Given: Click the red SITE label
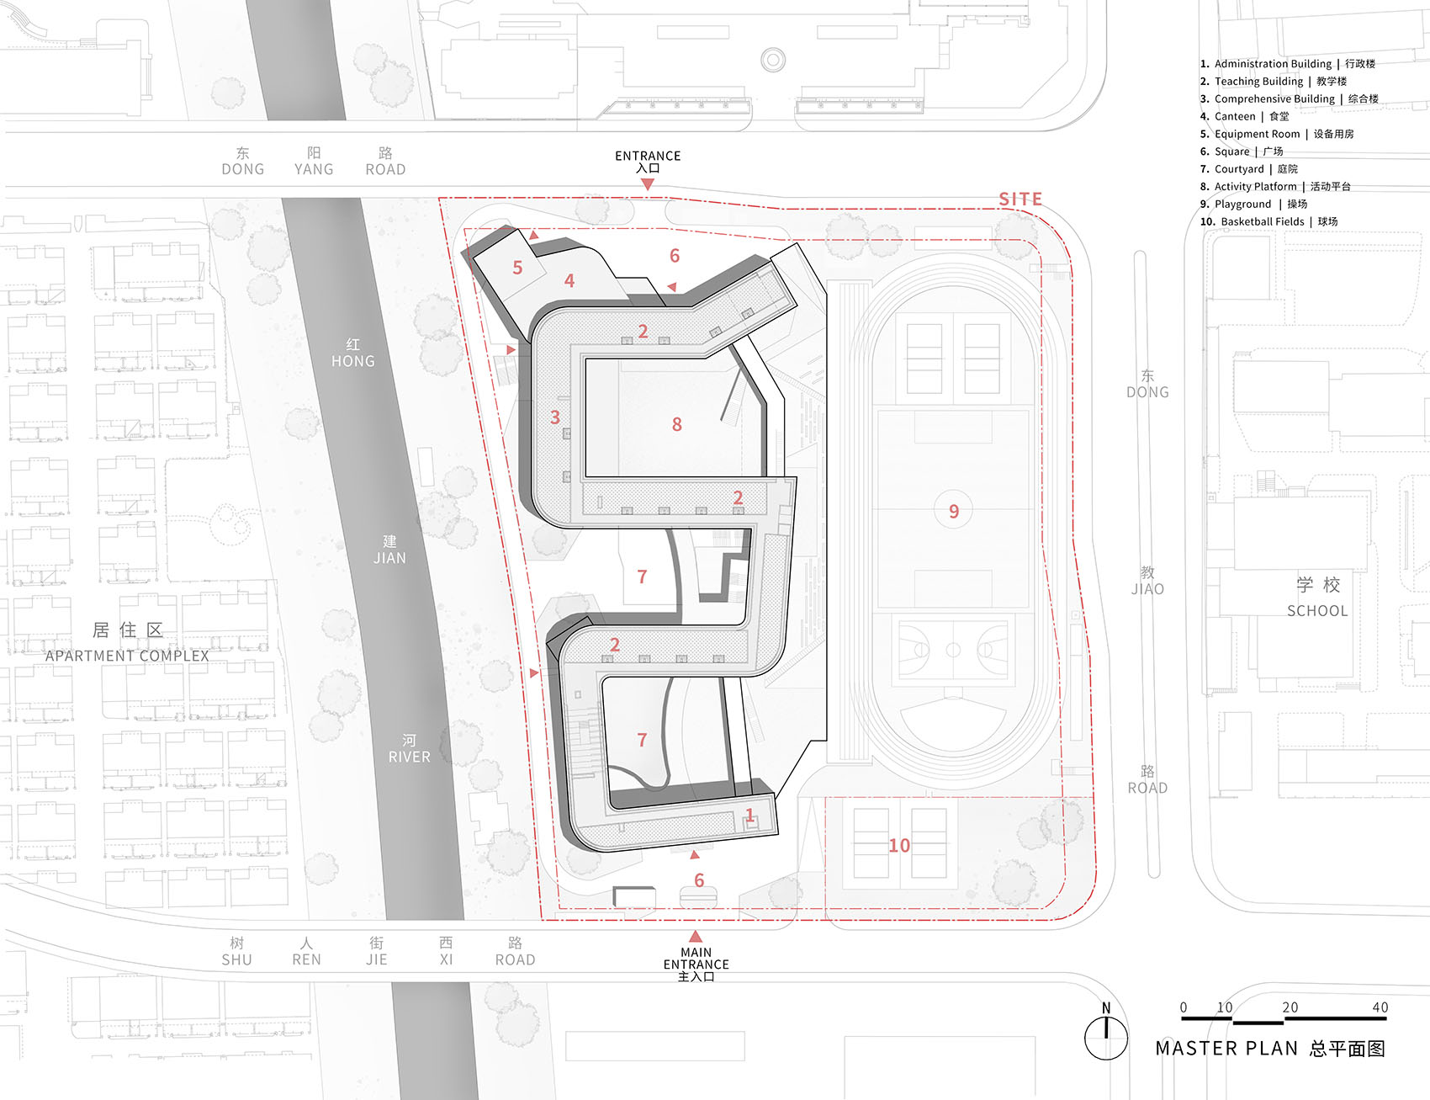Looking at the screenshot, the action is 1020,199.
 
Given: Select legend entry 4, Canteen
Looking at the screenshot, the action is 1244,116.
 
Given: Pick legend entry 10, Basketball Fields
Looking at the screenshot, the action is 1268,221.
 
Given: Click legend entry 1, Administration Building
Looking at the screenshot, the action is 1287,63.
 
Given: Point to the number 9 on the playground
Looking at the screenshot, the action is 954,511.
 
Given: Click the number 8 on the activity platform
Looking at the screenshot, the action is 677,424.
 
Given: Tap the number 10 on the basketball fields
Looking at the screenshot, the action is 899,845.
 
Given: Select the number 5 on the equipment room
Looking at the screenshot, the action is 517,268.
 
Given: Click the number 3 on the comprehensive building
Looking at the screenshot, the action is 555,417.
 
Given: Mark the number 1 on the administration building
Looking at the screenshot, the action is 749,814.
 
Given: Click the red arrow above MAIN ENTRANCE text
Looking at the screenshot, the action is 696,936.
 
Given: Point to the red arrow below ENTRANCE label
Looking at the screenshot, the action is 647,183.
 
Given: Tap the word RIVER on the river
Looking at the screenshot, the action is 410,757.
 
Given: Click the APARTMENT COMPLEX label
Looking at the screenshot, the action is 127,656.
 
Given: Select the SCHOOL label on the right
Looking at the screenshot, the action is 1317,611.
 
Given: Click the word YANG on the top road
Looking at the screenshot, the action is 314,169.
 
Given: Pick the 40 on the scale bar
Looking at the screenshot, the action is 1380,1007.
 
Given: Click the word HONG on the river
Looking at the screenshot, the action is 353,361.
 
